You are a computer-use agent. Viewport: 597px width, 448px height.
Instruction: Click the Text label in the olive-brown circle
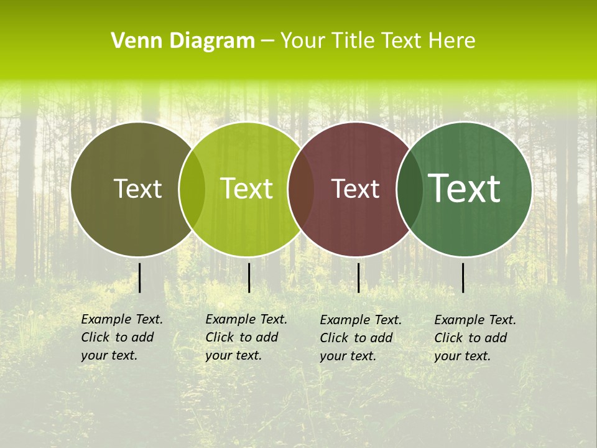(137, 189)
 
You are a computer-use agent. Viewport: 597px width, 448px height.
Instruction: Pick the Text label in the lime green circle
(247, 189)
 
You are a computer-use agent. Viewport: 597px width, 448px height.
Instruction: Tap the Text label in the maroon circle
(356, 189)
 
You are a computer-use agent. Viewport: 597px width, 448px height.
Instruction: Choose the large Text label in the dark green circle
(465, 189)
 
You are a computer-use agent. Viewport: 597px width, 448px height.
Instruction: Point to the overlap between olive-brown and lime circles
(192, 189)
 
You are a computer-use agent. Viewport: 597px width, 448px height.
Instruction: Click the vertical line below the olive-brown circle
(140, 278)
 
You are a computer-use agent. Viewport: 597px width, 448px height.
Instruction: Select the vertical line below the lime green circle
(249, 278)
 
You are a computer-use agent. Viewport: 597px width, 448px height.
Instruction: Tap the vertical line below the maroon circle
(358, 278)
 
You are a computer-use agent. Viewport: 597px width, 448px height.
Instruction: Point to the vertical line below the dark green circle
(463, 278)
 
